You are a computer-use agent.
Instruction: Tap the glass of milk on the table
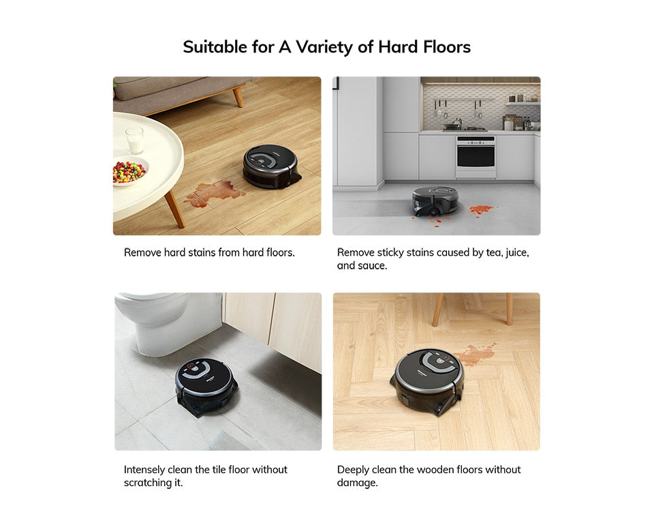[134, 140]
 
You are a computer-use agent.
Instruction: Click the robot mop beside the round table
[272, 165]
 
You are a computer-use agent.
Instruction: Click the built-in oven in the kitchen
[476, 156]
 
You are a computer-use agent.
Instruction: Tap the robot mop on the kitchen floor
[436, 200]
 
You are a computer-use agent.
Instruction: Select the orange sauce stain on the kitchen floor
[482, 209]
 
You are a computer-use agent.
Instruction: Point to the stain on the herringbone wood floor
[476, 354]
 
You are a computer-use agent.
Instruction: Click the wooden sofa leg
[238, 95]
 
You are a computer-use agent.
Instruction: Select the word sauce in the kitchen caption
[374, 266]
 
